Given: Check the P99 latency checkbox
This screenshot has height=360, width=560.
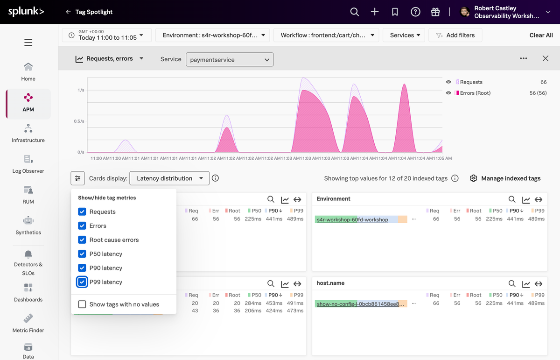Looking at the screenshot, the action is (82, 282).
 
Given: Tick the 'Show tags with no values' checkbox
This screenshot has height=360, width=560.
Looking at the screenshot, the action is (82, 304).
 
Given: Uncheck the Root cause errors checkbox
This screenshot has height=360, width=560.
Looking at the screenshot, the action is (82, 240).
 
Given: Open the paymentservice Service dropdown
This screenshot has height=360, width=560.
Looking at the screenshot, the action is (230, 60).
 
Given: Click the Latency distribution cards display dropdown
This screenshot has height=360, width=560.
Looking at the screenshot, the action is (169, 178).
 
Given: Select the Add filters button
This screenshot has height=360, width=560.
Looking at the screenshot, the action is (455, 35).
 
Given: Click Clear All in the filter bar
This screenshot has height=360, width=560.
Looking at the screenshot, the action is (541, 35).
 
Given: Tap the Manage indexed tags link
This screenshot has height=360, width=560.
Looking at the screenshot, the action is (505, 178).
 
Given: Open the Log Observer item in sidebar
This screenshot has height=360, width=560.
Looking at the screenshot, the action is (28, 164).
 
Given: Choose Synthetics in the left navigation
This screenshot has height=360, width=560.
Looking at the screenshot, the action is (28, 226).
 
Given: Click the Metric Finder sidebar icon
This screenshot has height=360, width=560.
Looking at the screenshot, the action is (28, 323).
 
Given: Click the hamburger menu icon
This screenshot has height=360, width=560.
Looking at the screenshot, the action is (28, 42).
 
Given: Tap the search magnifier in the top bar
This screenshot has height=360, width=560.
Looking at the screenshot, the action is (354, 12).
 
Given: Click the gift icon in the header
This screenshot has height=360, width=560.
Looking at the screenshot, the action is (435, 12).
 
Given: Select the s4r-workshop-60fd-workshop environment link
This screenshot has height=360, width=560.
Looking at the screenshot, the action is (352, 219).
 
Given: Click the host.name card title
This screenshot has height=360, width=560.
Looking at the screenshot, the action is (330, 283).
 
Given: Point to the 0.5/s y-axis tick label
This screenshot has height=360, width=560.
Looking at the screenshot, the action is (79, 121).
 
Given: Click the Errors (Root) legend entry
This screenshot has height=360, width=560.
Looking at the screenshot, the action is (475, 93).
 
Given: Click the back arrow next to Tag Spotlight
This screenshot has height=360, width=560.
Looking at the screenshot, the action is (68, 12).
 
